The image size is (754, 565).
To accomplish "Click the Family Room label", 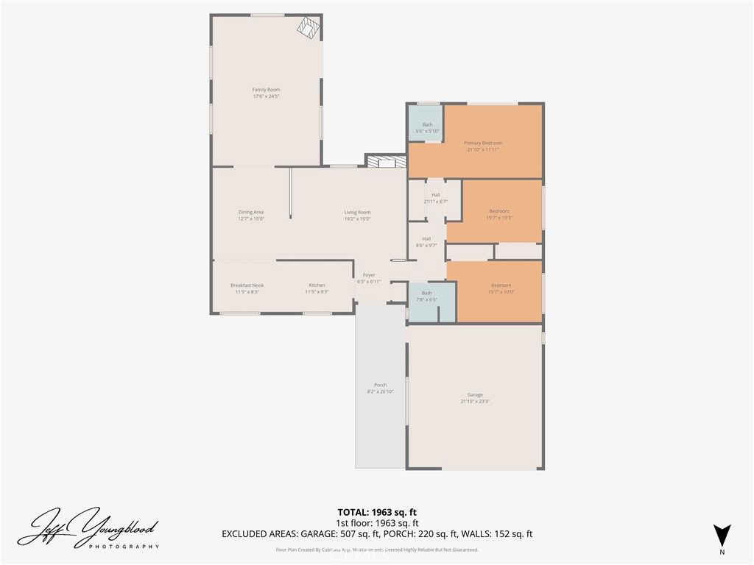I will pos(266,89).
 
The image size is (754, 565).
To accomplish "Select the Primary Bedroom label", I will pos(482,143).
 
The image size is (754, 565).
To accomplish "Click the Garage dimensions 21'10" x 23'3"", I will pos(475,401).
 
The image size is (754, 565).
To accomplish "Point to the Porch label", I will pos(380,385).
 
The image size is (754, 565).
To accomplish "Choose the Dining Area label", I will pos(250,212).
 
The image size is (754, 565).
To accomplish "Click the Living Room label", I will pos(357,212).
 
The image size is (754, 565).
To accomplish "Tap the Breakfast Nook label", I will pos(247,285).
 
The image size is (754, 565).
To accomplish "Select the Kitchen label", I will pos(317,285).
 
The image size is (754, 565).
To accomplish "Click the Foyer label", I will pos(368,275).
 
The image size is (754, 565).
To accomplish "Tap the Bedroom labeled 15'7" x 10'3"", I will pos(499,211).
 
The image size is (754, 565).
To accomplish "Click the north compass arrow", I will pos(722,536).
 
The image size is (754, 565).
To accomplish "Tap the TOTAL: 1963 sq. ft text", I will pos(376,512).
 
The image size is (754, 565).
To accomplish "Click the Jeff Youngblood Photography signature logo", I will pos(88,528).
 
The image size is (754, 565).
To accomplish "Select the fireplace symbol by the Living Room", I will pos(385,162).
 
